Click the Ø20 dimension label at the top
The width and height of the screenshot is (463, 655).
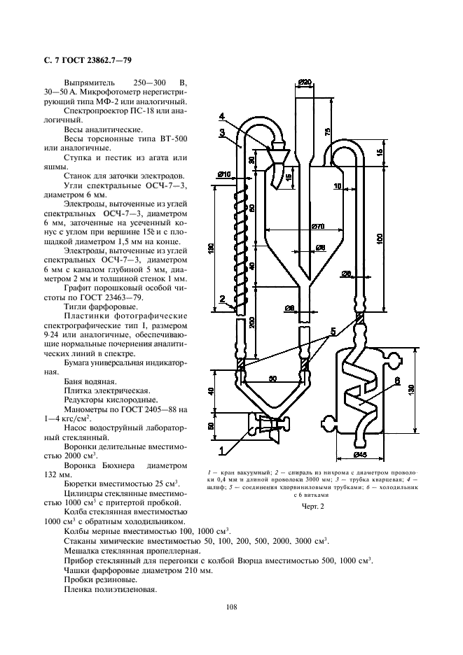pyautogui.click(x=305, y=83)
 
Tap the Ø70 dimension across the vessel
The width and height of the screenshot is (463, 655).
pyautogui.click(x=319, y=226)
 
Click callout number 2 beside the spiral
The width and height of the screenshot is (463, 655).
pyautogui.click(x=222, y=299)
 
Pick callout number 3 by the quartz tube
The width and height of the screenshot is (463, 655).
pyautogui.click(x=222, y=132)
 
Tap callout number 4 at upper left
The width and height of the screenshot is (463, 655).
pyautogui.click(x=221, y=115)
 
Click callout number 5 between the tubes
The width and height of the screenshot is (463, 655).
pyautogui.click(x=333, y=332)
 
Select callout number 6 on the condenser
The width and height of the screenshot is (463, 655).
pyautogui.click(x=396, y=381)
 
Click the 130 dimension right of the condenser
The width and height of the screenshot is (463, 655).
pyautogui.click(x=413, y=390)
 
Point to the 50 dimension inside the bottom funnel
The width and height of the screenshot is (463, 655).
pyautogui.click(x=272, y=379)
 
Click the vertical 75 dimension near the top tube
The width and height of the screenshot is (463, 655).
pyautogui.click(x=328, y=131)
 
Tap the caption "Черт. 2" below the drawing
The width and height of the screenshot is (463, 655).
pyautogui.click(x=313, y=507)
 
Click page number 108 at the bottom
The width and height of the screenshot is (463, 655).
pyautogui.click(x=231, y=607)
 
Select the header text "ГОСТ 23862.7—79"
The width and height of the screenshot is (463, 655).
pyautogui.click(x=97, y=60)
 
